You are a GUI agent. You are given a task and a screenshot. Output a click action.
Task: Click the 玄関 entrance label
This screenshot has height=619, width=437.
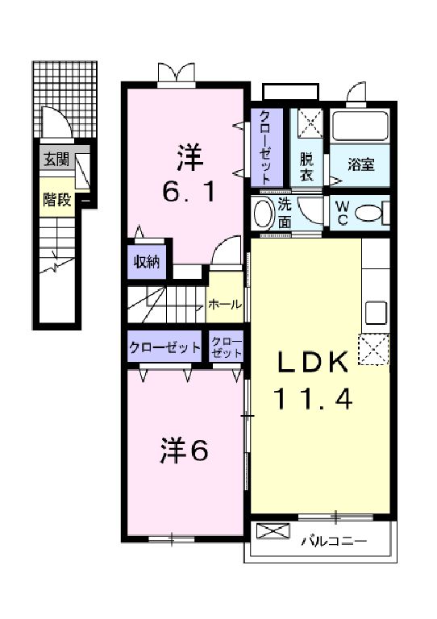click(x=56, y=160)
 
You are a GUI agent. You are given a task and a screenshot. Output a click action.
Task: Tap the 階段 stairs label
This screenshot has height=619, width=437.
click(x=57, y=200)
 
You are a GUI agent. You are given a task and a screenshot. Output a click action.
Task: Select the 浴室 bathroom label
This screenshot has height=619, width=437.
click(x=361, y=164)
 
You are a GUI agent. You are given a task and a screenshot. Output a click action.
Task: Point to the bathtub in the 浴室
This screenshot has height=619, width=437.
click(x=360, y=126)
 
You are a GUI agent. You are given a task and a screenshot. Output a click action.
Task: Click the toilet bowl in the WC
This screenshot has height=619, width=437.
click(x=368, y=214)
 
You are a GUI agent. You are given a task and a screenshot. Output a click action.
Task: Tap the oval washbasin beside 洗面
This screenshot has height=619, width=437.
click(x=264, y=213)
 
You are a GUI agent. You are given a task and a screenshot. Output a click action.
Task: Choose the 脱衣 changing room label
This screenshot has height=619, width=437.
click(x=306, y=166)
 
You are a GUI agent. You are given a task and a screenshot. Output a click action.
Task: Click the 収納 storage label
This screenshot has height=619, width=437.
click(x=147, y=262)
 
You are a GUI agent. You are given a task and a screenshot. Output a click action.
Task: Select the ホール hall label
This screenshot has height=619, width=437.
click(x=224, y=305)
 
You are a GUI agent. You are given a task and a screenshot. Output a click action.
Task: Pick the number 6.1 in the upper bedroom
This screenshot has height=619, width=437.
click(x=189, y=193)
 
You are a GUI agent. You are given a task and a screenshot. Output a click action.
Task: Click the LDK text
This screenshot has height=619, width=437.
click(x=314, y=362)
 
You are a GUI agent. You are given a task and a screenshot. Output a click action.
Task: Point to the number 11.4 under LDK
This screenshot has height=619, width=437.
click(x=312, y=398)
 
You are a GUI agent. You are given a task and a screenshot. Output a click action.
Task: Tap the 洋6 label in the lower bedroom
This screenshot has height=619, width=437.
click(x=184, y=451)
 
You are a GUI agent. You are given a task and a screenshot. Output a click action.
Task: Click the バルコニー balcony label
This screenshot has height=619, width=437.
click(x=335, y=541)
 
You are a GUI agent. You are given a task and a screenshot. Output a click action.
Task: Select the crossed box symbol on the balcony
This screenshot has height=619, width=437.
click(x=273, y=531)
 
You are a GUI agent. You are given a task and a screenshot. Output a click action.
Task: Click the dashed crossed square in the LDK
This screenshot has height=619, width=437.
click(x=373, y=349)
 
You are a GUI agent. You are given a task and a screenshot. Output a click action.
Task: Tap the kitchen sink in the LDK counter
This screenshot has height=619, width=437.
click(x=375, y=313)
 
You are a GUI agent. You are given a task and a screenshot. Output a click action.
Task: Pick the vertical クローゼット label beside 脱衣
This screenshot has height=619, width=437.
click(x=266, y=147)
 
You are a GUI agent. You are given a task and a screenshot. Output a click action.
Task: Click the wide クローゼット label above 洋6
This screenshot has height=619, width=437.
click(x=164, y=347)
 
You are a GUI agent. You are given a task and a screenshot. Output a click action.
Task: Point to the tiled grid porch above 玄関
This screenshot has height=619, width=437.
click(x=65, y=99)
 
